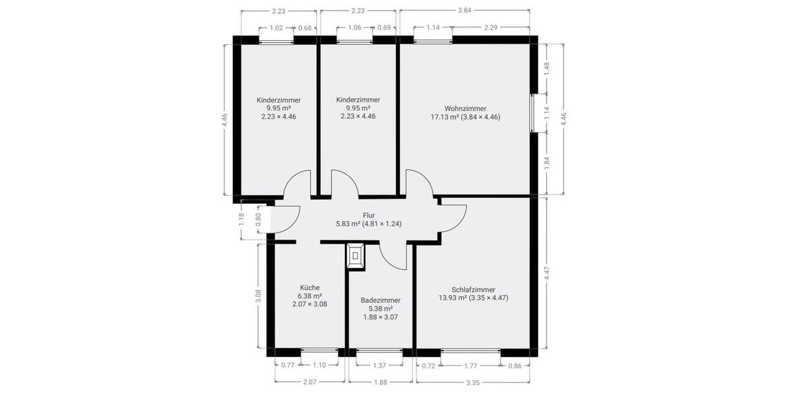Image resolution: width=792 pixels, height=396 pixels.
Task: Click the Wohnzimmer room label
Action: tap(465, 108)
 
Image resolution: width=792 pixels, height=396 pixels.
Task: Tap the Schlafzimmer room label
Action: tap(473, 289)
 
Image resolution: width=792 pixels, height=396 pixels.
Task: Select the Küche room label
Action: tap(310, 288)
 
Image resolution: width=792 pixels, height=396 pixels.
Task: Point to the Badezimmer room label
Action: tap(380, 300)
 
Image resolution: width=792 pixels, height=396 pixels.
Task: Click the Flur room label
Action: tap(369, 215)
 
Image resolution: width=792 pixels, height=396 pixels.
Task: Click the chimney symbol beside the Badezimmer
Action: tap(356, 255)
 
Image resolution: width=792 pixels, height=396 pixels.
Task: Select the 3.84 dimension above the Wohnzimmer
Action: tap(465, 11)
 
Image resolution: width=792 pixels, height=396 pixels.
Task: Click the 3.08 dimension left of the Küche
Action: tap(259, 296)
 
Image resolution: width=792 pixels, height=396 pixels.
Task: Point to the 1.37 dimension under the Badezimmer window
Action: tap(379, 365)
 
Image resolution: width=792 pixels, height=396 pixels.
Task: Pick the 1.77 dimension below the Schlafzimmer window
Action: tap(471, 365)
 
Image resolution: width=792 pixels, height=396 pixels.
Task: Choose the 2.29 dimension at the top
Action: tap(490, 28)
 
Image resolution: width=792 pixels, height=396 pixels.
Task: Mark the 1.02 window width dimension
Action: tap(277, 28)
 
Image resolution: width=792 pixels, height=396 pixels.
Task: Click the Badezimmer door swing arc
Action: tap(395, 257)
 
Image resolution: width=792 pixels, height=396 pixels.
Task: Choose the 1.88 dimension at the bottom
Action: tap(380, 381)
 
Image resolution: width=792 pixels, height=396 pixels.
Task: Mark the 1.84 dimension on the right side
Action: tap(546, 163)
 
